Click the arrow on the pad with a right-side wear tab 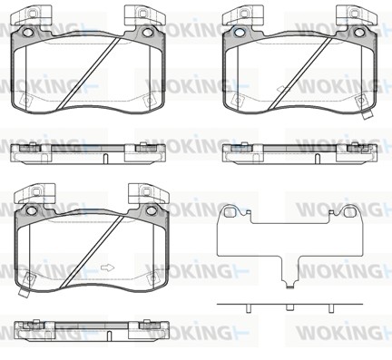pyautogui.click(x=283, y=89)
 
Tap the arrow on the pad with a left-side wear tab pyautogui.click(x=107, y=268)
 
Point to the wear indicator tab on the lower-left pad pyautogui.click(x=24, y=292)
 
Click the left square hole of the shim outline pyautogui.click(x=229, y=212)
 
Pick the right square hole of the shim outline pyautogui.click(x=349, y=212)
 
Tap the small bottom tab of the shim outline pyautogui.click(x=290, y=285)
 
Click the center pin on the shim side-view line pyautogui.click(x=290, y=307)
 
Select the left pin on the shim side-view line pyautogui.click(x=248, y=308)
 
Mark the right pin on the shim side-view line pyautogui.click(x=331, y=308)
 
